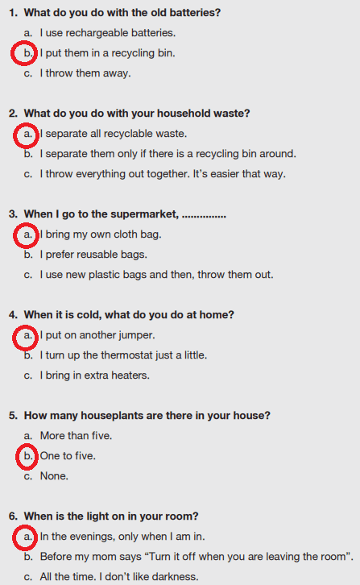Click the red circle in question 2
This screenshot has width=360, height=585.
14,136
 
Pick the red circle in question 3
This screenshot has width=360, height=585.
14,236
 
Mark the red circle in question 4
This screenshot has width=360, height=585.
14,338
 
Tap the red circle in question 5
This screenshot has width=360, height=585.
17,457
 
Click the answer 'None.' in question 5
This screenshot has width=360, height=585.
54,476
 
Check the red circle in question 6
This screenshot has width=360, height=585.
14,537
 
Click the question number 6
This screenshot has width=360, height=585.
13,517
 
